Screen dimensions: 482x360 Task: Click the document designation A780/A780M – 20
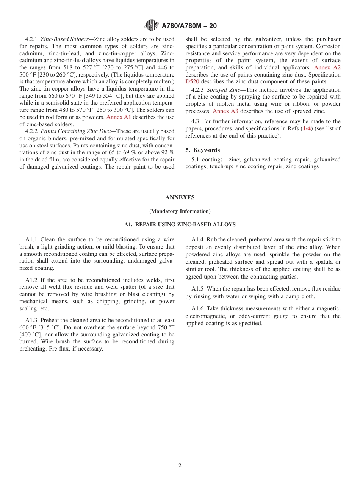pyautogui.click(x=189, y=26)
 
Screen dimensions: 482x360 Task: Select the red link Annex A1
pyautogui.click(x=118, y=117)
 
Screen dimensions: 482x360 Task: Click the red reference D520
pyautogui.click(x=192, y=81)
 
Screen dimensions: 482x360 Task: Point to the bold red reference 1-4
pyautogui.click(x=307, y=128)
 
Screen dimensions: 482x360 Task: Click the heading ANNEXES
pyautogui.click(x=180, y=197)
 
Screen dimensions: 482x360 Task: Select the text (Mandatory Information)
pyautogui.click(x=180, y=211)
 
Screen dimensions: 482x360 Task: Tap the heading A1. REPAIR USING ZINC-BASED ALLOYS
pyautogui.click(x=180, y=225)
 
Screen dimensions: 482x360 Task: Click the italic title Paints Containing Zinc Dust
pyautogui.click(x=75, y=131)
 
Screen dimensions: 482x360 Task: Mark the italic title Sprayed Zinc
pyautogui.click(x=223, y=90)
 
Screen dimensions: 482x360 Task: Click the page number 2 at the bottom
pyautogui.click(x=180, y=466)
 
